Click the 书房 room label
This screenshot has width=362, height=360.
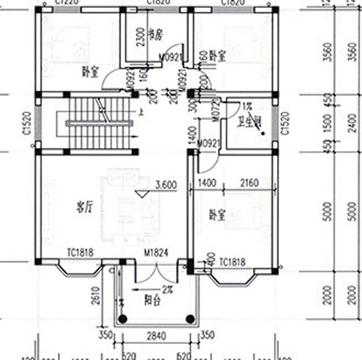pyautogui.click(x=155, y=34)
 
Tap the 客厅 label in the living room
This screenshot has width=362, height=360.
pyautogui.click(x=85, y=207)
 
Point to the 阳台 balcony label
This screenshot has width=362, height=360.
pyautogui.click(x=153, y=300)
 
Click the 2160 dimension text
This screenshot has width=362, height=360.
pyautogui.click(x=248, y=183)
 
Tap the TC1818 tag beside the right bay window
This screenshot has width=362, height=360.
pyautogui.click(x=231, y=262)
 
